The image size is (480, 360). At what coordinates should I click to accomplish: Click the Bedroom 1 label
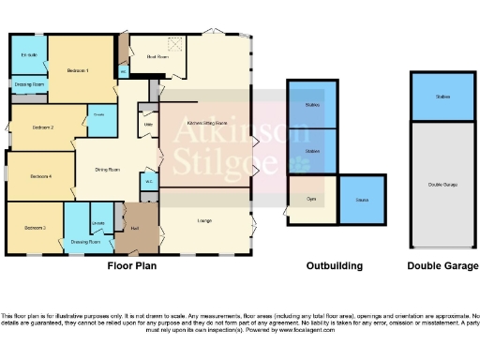[x=77, y=71]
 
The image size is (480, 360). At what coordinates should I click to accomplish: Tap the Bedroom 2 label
[x=42, y=127]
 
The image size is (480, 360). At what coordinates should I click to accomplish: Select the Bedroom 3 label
[x=35, y=228]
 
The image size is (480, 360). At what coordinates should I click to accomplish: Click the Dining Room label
[x=107, y=170]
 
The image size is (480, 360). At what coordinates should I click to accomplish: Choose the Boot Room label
[x=157, y=57]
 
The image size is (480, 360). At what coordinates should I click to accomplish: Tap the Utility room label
[x=148, y=123]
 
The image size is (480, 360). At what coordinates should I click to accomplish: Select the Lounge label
[x=204, y=220]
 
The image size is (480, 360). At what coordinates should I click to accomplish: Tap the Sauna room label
[x=361, y=200]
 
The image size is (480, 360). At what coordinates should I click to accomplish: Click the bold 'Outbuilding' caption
[x=335, y=266]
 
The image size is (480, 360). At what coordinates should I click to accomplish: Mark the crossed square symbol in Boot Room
[x=172, y=43]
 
